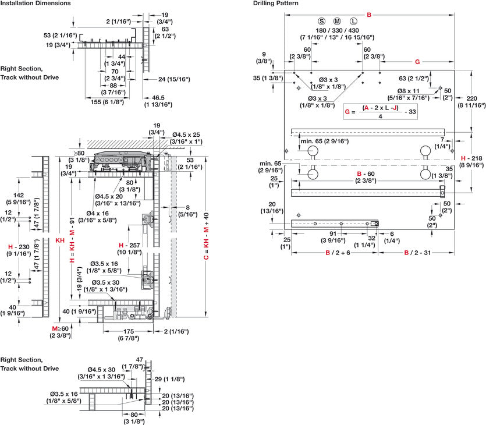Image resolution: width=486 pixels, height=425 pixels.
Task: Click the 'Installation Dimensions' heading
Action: tap(36, 3)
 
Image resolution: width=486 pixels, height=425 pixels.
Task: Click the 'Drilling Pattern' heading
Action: tap(276, 3)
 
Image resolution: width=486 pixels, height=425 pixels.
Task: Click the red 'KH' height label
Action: tap(60, 239)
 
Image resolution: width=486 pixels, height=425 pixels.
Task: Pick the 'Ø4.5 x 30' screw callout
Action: tap(106, 369)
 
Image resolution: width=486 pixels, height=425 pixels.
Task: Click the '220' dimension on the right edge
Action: tap(472, 98)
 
